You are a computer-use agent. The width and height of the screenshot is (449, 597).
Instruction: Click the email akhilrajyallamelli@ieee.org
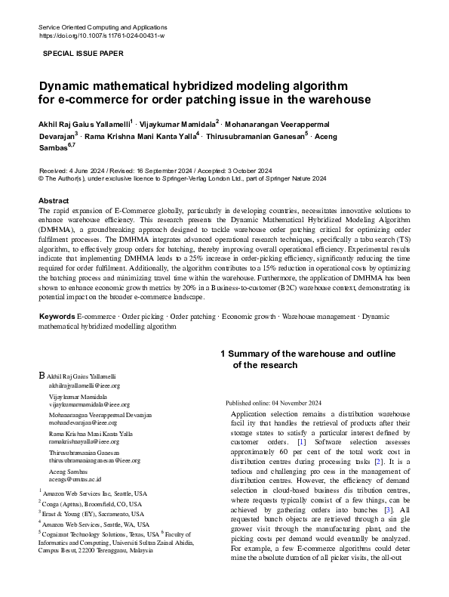pos(83,385)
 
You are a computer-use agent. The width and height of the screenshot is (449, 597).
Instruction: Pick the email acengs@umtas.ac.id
pos(75,479)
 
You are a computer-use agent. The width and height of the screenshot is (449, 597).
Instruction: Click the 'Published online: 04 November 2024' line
pos(273,403)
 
